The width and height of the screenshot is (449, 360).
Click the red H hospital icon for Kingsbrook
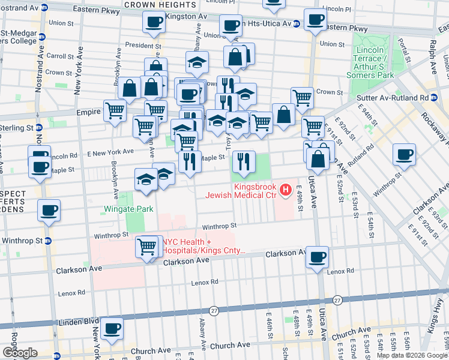point(286,190)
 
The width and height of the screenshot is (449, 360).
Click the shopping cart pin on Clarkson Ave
point(148,247)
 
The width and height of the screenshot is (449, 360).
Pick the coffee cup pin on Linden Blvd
point(112,329)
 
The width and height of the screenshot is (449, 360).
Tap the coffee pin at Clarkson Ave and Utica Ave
point(317,257)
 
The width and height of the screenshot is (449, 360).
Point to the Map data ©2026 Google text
point(412,355)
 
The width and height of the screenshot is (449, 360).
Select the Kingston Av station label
point(184,16)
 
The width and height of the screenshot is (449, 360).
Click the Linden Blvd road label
point(78,321)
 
